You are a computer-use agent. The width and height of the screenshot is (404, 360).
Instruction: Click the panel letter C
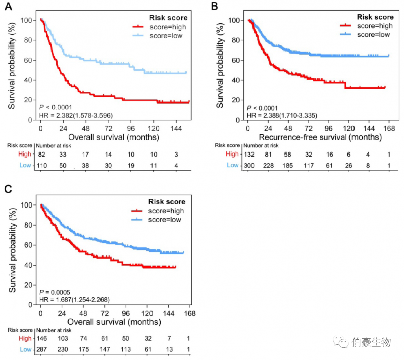point(8,189)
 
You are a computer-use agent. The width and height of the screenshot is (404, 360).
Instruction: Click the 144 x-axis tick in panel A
point(175,128)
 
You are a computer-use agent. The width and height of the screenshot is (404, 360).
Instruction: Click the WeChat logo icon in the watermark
point(343,343)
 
